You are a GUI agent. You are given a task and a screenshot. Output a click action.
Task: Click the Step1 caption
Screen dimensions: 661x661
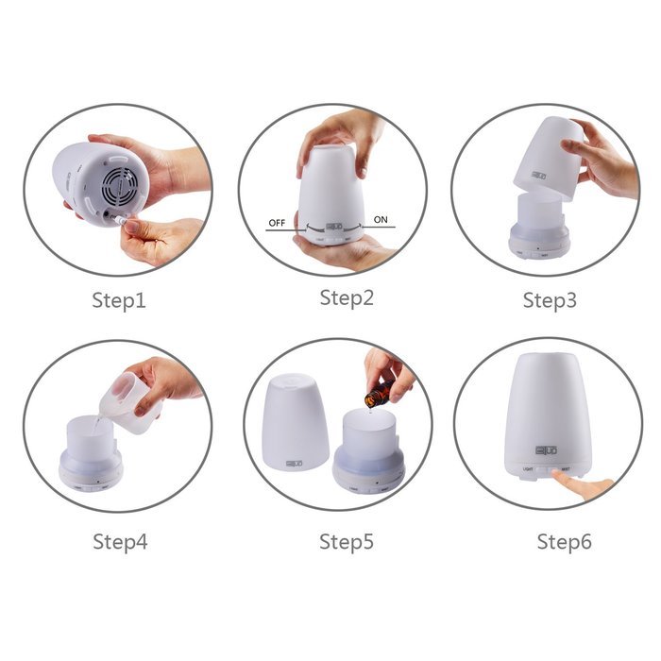point(119,301)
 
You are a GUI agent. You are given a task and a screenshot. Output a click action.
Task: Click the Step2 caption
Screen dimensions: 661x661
point(347,298)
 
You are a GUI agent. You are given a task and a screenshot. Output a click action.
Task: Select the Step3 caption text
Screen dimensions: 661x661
point(551,301)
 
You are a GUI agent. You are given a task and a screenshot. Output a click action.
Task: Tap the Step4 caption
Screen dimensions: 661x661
point(120,542)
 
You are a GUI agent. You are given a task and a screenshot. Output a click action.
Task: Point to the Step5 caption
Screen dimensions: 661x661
point(347,542)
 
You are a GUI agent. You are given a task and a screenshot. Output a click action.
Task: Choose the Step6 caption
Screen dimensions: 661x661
point(565,542)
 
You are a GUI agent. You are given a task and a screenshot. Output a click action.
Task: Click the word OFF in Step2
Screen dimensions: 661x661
point(277,223)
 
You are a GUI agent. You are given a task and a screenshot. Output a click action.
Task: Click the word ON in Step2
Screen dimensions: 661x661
point(381,220)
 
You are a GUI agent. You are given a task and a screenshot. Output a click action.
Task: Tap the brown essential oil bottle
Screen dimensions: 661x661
point(377,392)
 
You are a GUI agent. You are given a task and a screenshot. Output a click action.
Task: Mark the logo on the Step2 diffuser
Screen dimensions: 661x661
point(333,227)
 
